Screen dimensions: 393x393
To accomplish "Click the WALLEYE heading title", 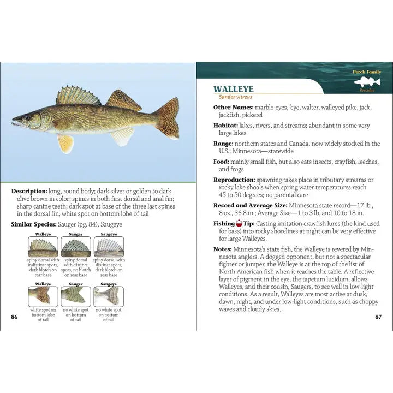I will pos(233,89).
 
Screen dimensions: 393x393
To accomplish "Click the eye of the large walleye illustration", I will pos(26,117).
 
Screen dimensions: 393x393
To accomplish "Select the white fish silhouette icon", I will pos(367,82).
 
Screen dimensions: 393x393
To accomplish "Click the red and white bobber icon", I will pos(239,224).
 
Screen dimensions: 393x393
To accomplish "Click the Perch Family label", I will pos(366,72).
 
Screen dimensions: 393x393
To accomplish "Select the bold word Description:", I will pos(29,192).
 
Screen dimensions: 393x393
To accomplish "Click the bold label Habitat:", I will pos(226,126).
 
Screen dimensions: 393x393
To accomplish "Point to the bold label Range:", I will pos(224,144).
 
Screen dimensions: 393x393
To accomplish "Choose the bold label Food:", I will pos(222,162).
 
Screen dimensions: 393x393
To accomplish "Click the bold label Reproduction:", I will pos(234,180).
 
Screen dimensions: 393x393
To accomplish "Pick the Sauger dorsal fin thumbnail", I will pos(76,247).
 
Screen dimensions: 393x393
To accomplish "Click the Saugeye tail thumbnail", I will pos(109,296).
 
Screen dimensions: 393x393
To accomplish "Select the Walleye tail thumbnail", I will pos(43,296).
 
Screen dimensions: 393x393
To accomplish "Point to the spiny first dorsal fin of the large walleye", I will pos(78,96).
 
